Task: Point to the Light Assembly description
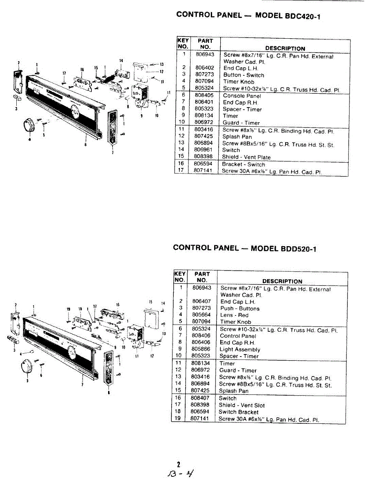click(x=239, y=349)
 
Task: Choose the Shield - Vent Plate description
click(x=246, y=157)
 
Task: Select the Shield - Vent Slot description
click(x=241, y=405)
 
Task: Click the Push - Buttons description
click(x=240, y=308)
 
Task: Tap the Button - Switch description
click(x=243, y=75)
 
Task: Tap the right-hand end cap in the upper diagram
click(x=113, y=127)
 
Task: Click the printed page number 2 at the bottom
click(x=178, y=464)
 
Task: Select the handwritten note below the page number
click(x=179, y=474)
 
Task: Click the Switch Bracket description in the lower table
click(x=239, y=412)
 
